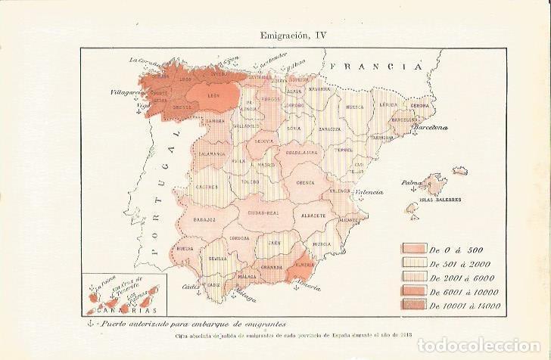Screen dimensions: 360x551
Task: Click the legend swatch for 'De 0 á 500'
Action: [414, 249]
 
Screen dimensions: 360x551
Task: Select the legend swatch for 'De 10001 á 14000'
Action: [414, 304]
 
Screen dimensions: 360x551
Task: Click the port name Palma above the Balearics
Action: [412, 182]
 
